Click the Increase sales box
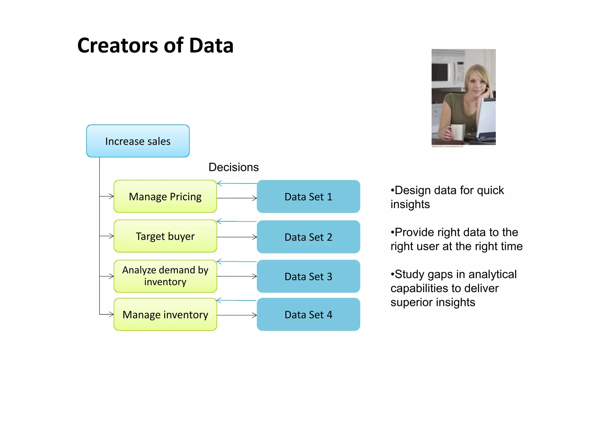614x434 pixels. (x=138, y=141)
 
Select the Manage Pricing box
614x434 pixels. (x=165, y=196)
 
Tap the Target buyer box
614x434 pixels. (x=165, y=236)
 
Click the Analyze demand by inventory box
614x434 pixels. (x=165, y=276)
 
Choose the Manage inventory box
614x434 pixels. (x=165, y=314)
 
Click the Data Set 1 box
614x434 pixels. (x=308, y=197)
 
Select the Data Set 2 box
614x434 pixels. (x=308, y=237)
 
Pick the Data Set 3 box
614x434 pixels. (x=308, y=276)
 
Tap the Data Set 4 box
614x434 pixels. (x=308, y=314)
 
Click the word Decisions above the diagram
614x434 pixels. (x=234, y=167)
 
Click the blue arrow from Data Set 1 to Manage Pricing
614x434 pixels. (x=237, y=183)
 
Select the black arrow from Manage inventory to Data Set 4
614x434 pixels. (x=237, y=315)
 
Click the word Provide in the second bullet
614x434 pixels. (x=414, y=232)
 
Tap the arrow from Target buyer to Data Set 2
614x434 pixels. (x=237, y=237)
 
